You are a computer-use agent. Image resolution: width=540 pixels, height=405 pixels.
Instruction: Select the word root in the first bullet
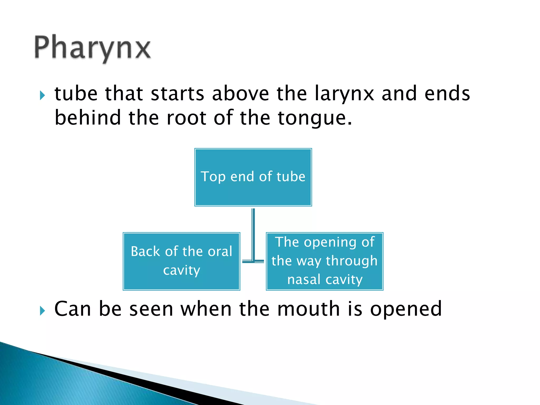pos(186,118)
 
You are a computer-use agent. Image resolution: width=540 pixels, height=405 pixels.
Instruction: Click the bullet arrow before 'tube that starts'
pos(42,95)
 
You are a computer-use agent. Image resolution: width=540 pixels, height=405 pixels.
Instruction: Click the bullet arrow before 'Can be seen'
pos(42,311)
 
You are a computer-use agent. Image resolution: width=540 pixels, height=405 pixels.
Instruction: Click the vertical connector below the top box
pos(253,232)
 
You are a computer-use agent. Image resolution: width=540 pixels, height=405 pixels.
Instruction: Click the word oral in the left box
pos(220,251)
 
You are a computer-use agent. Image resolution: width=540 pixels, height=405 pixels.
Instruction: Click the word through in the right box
pos(352,261)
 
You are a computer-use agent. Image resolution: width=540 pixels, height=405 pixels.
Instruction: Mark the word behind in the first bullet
pos(88,118)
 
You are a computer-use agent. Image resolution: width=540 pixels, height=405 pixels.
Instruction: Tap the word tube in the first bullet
pos(76,94)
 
